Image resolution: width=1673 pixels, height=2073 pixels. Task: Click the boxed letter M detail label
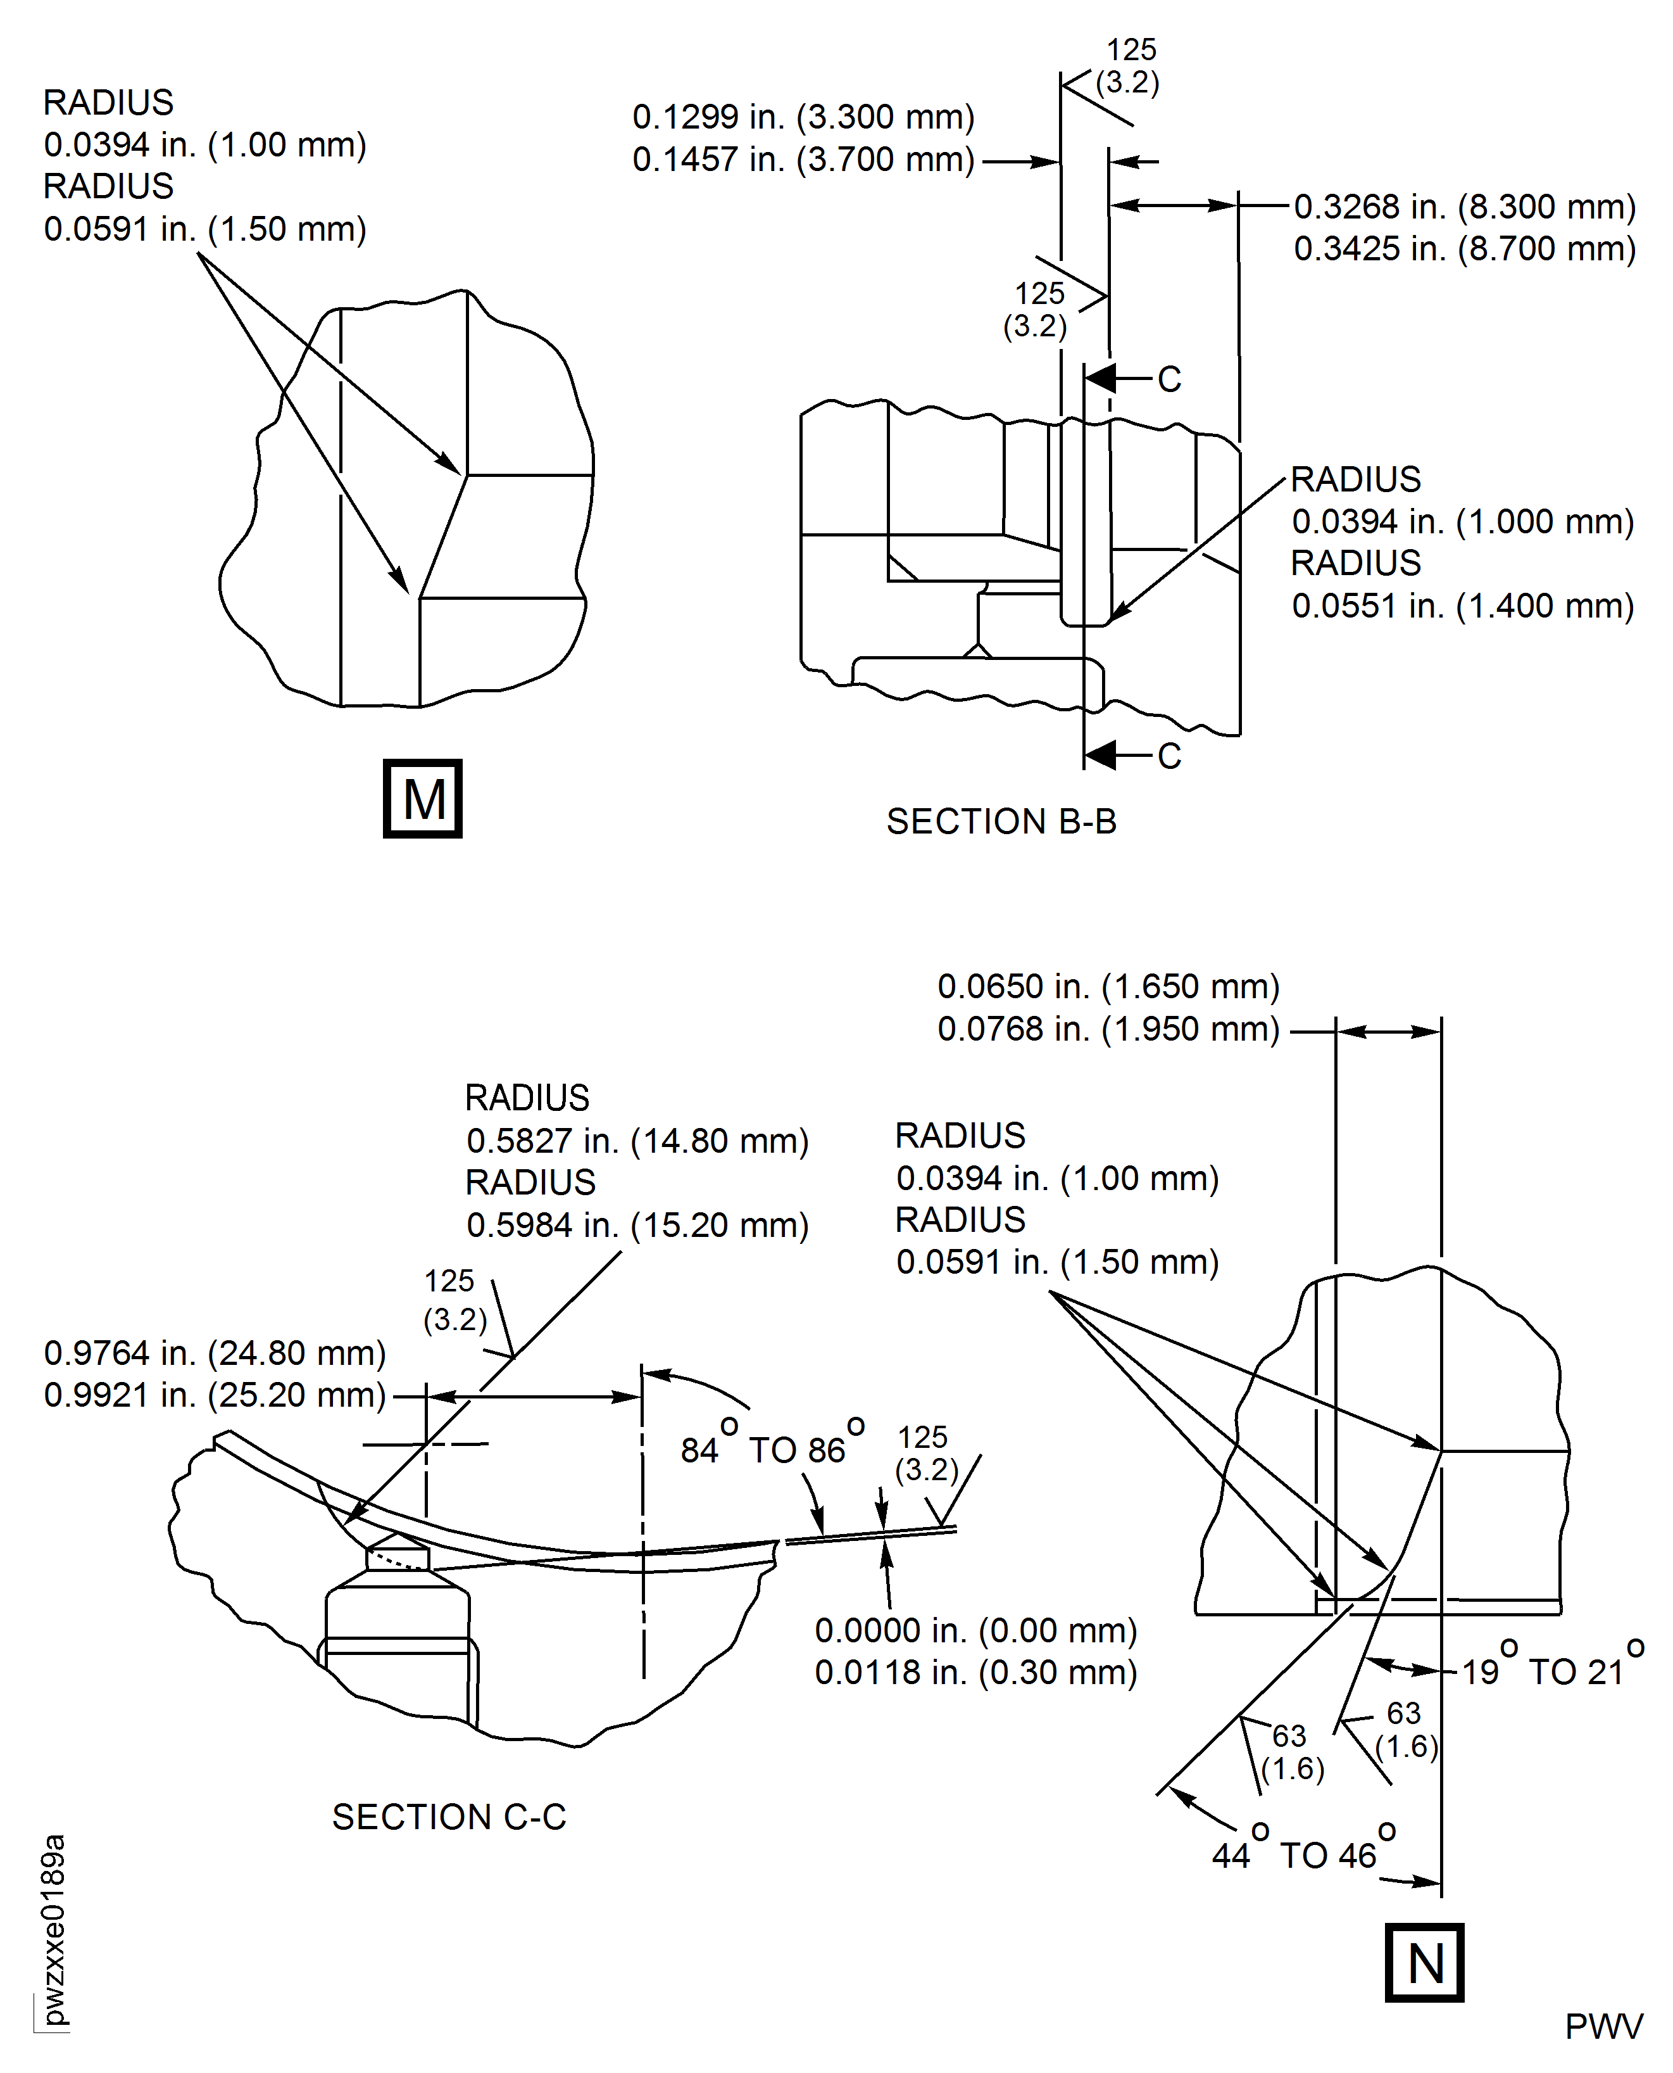point(422,798)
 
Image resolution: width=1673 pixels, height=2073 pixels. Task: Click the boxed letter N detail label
point(1424,1962)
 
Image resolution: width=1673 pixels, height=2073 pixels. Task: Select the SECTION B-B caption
point(1001,821)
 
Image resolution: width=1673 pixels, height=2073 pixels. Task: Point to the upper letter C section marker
point(1169,379)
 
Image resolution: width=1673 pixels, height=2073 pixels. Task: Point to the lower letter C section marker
point(1169,756)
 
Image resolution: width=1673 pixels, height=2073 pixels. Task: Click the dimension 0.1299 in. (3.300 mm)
point(803,117)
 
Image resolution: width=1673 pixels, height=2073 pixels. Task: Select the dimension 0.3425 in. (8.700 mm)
point(1464,249)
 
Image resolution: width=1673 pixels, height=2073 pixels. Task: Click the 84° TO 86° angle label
point(773,1449)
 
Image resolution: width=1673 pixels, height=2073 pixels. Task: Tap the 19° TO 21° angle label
point(1553,1671)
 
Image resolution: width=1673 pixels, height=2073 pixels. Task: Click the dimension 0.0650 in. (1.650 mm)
point(1108,986)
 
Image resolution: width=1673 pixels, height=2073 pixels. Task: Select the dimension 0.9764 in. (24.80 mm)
point(215,1353)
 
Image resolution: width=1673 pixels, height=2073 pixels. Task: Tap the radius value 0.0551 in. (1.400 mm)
point(1462,605)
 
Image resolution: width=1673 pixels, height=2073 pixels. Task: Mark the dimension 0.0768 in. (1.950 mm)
point(1108,1029)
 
